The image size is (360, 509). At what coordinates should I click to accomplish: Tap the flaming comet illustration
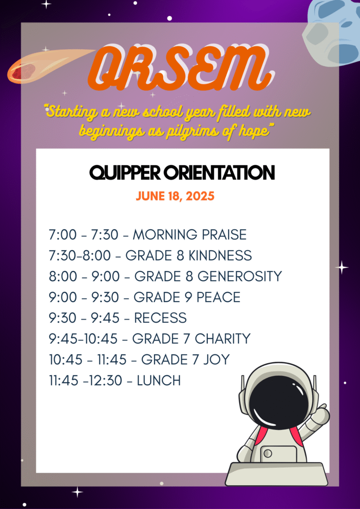coord(49,66)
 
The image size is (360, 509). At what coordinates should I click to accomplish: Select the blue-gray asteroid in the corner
coord(333,32)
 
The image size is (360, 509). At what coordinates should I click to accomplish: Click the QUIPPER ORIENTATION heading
coord(182,172)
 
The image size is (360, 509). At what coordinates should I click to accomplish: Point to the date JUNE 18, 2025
coord(176,196)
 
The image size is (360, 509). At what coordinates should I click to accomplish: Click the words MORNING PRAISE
coord(189,235)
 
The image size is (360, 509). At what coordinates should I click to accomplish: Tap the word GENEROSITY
coord(240,276)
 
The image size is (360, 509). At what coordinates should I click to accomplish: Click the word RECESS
coord(161,318)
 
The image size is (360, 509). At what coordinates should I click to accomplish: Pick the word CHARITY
coord(223,339)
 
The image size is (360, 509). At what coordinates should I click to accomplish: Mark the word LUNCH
coord(159,380)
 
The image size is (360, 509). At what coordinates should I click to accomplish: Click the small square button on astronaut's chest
coord(268,453)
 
